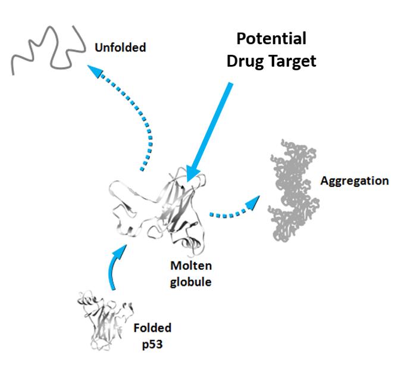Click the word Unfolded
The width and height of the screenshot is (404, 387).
120,47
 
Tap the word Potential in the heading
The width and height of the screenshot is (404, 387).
271,39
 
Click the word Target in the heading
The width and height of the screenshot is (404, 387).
294,61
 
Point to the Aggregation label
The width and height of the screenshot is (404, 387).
355,180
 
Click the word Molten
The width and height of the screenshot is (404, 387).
192,265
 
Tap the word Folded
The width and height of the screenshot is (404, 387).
152,328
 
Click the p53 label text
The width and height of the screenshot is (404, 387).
152,345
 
